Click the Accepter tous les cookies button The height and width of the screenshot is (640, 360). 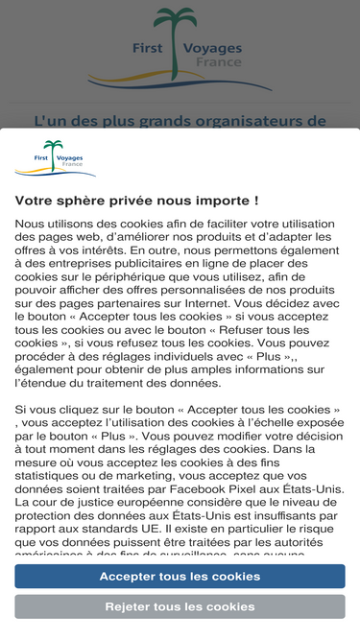pyautogui.click(x=180, y=577)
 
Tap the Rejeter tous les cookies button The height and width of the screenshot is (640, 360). pyautogui.click(x=180, y=606)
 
